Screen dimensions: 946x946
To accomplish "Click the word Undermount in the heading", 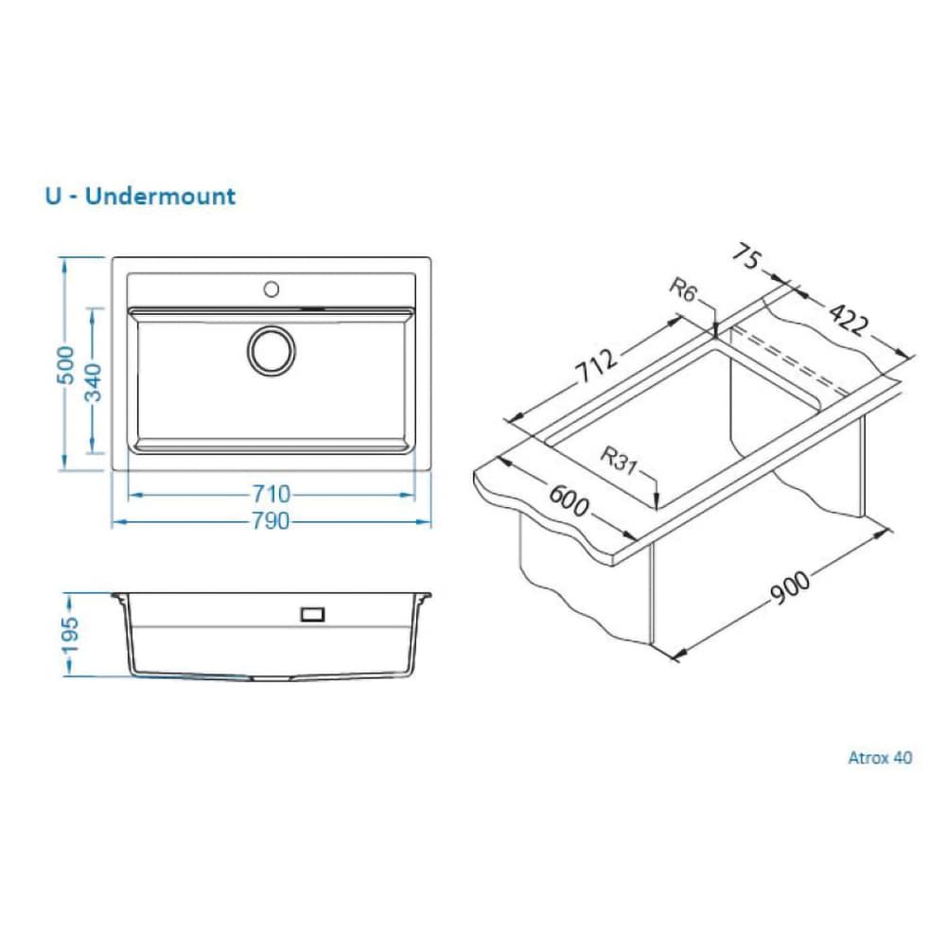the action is (x=160, y=196).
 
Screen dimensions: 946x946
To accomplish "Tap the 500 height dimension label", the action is (x=65, y=364).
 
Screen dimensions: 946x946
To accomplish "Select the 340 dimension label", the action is (x=93, y=382).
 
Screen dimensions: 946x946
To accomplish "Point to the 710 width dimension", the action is (x=271, y=494).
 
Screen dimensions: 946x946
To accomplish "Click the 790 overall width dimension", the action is (x=271, y=520).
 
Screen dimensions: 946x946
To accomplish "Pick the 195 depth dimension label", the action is (x=70, y=635).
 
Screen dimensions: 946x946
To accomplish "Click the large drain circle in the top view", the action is (x=272, y=351).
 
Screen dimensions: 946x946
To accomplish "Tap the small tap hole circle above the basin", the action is (x=272, y=289).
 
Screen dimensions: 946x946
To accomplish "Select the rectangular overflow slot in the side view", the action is (x=312, y=614).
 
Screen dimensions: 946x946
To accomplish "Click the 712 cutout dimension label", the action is (x=596, y=365).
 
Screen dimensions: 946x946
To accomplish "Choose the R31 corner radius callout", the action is (x=619, y=460).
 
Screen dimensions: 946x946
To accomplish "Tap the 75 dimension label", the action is (x=747, y=257).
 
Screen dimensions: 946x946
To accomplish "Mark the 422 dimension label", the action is (x=849, y=318).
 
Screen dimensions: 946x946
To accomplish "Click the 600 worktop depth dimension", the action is (x=568, y=500).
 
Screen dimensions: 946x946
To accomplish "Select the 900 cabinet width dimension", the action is (x=790, y=587).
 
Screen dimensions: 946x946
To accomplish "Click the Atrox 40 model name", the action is (x=880, y=757).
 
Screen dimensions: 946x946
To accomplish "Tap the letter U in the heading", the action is (x=53, y=196).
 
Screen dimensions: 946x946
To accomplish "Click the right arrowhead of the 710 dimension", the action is (x=408, y=495).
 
